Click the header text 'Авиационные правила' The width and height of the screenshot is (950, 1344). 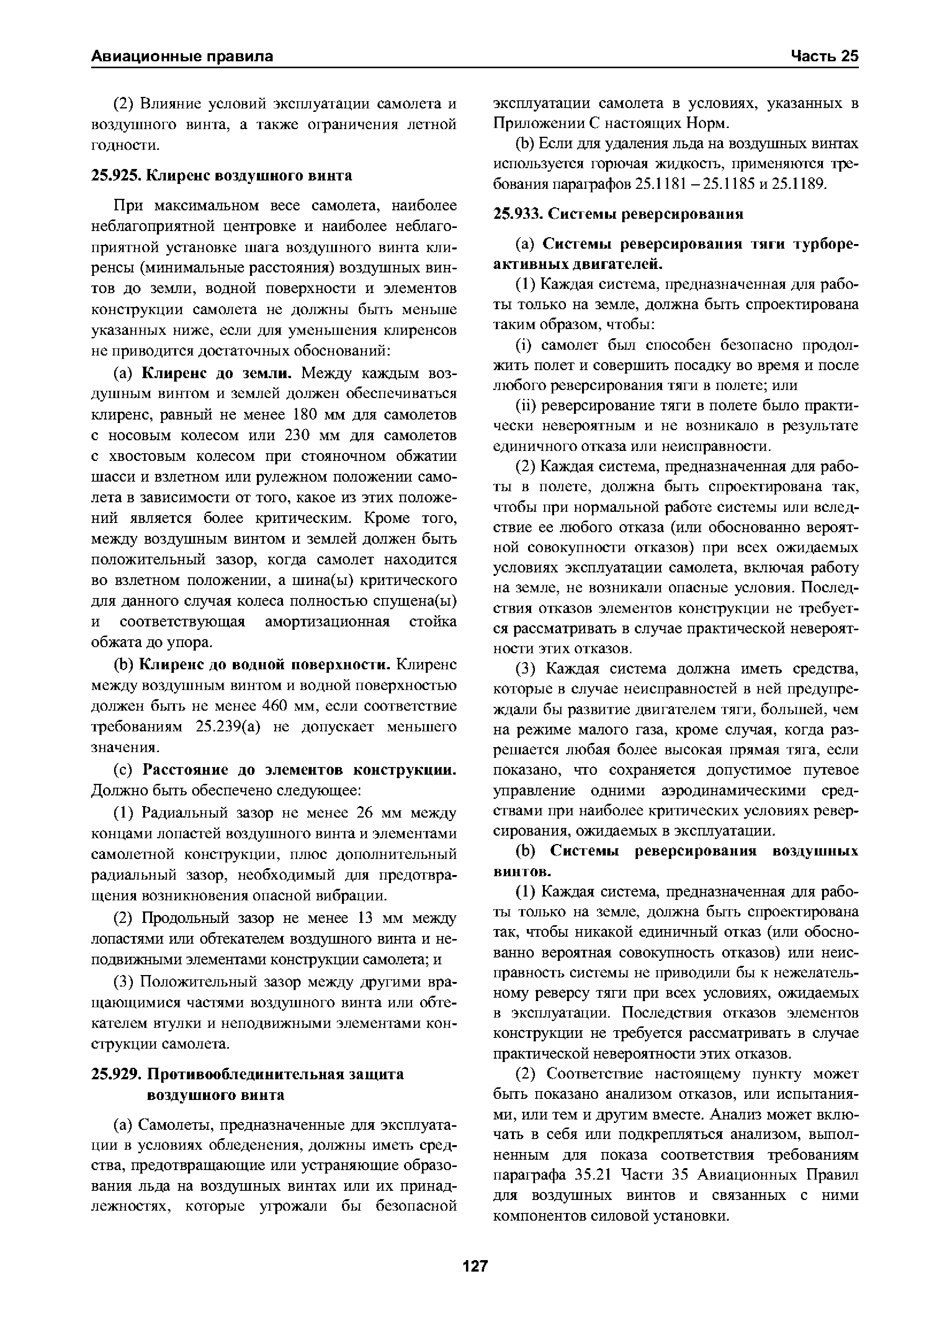183,56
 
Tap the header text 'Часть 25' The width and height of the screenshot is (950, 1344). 824,56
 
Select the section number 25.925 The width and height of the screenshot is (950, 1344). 116,175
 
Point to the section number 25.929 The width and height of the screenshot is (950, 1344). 116,1074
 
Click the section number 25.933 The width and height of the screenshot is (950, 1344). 518,214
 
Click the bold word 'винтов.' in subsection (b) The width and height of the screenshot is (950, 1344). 522,871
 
